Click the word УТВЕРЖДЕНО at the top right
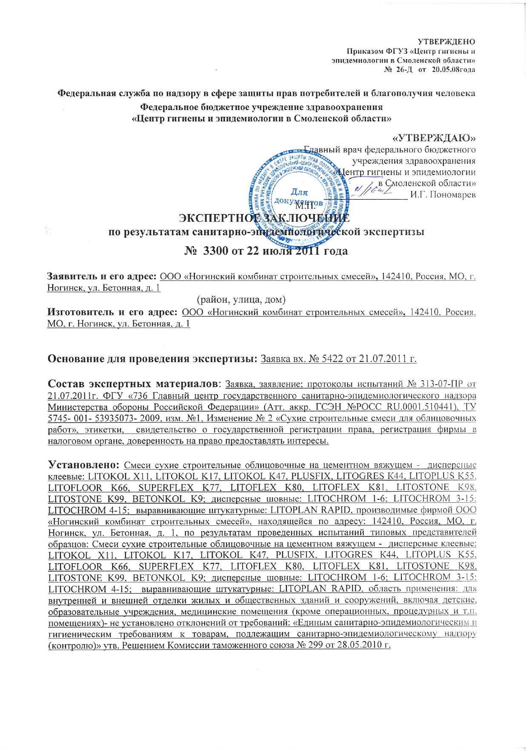click(446, 42)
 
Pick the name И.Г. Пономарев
click(443, 195)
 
